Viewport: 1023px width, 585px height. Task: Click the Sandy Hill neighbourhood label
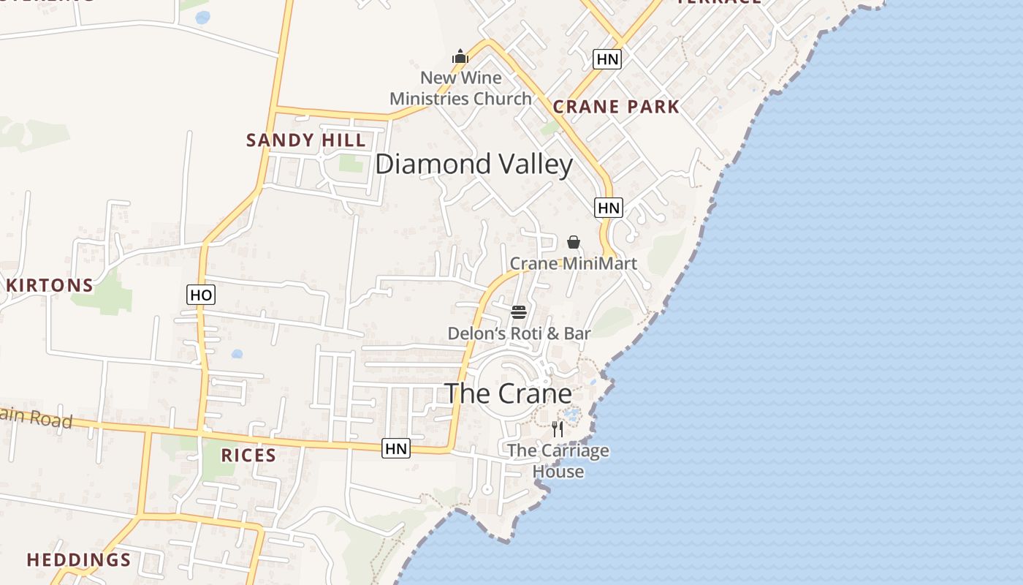pyautogui.click(x=305, y=140)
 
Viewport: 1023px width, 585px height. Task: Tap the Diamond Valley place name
pyautogui.click(x=474, y=165)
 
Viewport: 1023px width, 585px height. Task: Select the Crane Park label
pyautogui.click(x=616, y=107)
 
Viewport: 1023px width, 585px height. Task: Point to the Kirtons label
pyautogui.click(x=50, y=285)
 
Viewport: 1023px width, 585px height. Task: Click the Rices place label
pyautogui.click(x=248, y=456)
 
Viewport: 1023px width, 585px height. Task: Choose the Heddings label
pyautogui.click(x=79, y=560)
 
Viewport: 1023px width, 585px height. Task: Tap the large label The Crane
pyautogui.click(x=509, y=393)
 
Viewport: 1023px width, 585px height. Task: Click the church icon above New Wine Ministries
pyautogui.click(x=460, y=56)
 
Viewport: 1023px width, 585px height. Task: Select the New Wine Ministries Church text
pyautogui.click(x=460, y=88)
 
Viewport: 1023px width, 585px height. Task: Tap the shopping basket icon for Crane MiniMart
pyautogui.click(x=574, y=242)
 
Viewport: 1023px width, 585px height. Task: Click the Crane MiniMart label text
pyautogui.click(x=573, y=263)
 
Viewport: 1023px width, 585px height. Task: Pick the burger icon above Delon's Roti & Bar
pyautogui.click(x=519, y=312)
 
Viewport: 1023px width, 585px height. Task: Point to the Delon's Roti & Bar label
pyautogui.click(x=519, y=333)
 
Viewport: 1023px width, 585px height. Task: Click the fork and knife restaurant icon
pyautogui.click(x=558, y=429)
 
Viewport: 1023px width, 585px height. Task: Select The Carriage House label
pyautogui.click(x=558, y=461)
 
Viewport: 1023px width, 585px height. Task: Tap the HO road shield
pyautogui.click(x=201, y=295)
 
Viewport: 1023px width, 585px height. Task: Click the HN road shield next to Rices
pyautogui.click(x=396, y=448)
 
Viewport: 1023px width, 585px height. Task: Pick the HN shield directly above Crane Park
pyautogui.click(x=607, y=59)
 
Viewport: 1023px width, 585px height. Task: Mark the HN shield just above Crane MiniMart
pyautogui.click(x=608, y=208)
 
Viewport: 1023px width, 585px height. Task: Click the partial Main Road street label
pyautogui.click(x=36, y=419)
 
